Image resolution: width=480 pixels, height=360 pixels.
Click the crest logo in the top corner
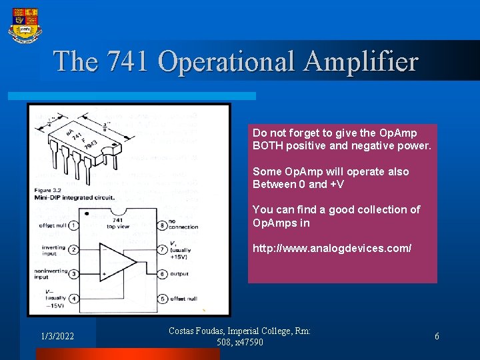[25, 25]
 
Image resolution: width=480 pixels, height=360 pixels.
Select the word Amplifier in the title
[361, 62]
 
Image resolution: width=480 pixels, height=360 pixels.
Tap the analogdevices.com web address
[332, 248]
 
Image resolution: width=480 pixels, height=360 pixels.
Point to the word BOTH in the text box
[269, 145]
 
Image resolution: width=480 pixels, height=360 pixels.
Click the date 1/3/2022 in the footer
[57, 337]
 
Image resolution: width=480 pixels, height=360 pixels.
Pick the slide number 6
[437, 337]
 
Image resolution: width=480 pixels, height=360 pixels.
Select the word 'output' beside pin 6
[179, 274]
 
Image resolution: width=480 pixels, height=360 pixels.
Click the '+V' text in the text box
[336, 184]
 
